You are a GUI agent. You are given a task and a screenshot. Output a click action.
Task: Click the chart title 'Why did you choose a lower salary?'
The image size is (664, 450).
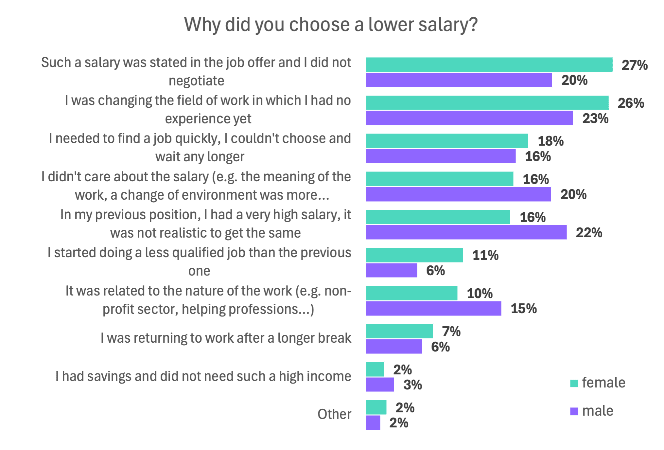tap(331, 25)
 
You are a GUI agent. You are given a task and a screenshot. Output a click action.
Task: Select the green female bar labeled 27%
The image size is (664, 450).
tap(489, 64)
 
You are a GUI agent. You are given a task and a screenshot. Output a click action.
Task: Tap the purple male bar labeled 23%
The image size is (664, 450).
tap(469, 118)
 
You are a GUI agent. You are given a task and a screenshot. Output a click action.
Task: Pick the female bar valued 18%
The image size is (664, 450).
tap(447, 141)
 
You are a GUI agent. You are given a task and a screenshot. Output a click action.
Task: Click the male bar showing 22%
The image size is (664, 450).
tap(466, 232)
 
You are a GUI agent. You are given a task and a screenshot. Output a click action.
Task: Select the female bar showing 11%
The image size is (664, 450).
tap(414, 255)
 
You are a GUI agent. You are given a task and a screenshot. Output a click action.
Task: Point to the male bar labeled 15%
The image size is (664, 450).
tap(433, 308)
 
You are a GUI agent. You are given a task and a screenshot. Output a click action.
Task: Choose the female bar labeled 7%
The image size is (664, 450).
tap(399, 331)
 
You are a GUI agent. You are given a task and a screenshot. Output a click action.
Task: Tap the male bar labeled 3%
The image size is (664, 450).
tap(380, 385)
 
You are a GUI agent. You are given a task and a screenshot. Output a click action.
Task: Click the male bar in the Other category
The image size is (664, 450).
tap(373, 423)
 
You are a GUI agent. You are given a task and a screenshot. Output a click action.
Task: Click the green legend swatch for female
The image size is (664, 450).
tap(574, 383)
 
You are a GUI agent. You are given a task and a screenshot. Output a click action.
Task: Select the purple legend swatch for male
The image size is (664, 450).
tap(574, 411)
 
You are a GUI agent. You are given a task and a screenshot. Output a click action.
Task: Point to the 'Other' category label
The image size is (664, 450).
tap(334, 414)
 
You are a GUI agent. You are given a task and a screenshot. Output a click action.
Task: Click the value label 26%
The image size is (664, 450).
tap(631, 103)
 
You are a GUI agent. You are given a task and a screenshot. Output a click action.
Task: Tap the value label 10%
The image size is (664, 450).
tap(480, 294)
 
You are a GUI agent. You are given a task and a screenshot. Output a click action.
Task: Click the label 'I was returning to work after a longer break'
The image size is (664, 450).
tap(226, 338)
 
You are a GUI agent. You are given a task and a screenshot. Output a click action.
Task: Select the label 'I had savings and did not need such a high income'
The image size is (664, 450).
tap(203, 376)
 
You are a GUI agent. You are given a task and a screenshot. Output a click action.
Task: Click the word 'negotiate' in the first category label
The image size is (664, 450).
tap(196, 81)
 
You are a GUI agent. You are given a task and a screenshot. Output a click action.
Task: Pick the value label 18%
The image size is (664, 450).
tap(551, 141)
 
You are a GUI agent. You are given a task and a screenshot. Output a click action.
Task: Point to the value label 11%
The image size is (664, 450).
tap(485, 255)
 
